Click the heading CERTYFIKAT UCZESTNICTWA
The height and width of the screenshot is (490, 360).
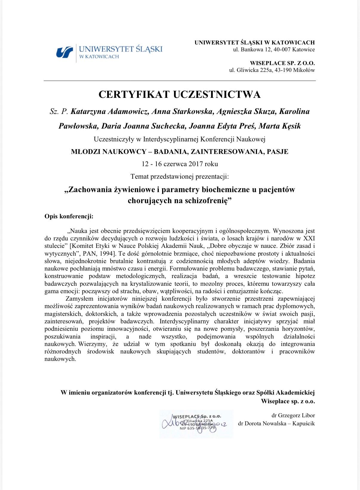179,95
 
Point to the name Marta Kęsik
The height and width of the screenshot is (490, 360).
279,126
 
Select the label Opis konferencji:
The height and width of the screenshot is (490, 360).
69,217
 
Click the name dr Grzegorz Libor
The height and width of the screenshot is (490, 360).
293,415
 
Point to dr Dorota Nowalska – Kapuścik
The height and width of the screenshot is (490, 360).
276,423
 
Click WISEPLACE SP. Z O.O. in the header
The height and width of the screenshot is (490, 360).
282,63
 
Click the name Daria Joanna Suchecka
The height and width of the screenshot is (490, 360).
144,126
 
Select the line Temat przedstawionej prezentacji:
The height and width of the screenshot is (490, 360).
179,177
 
